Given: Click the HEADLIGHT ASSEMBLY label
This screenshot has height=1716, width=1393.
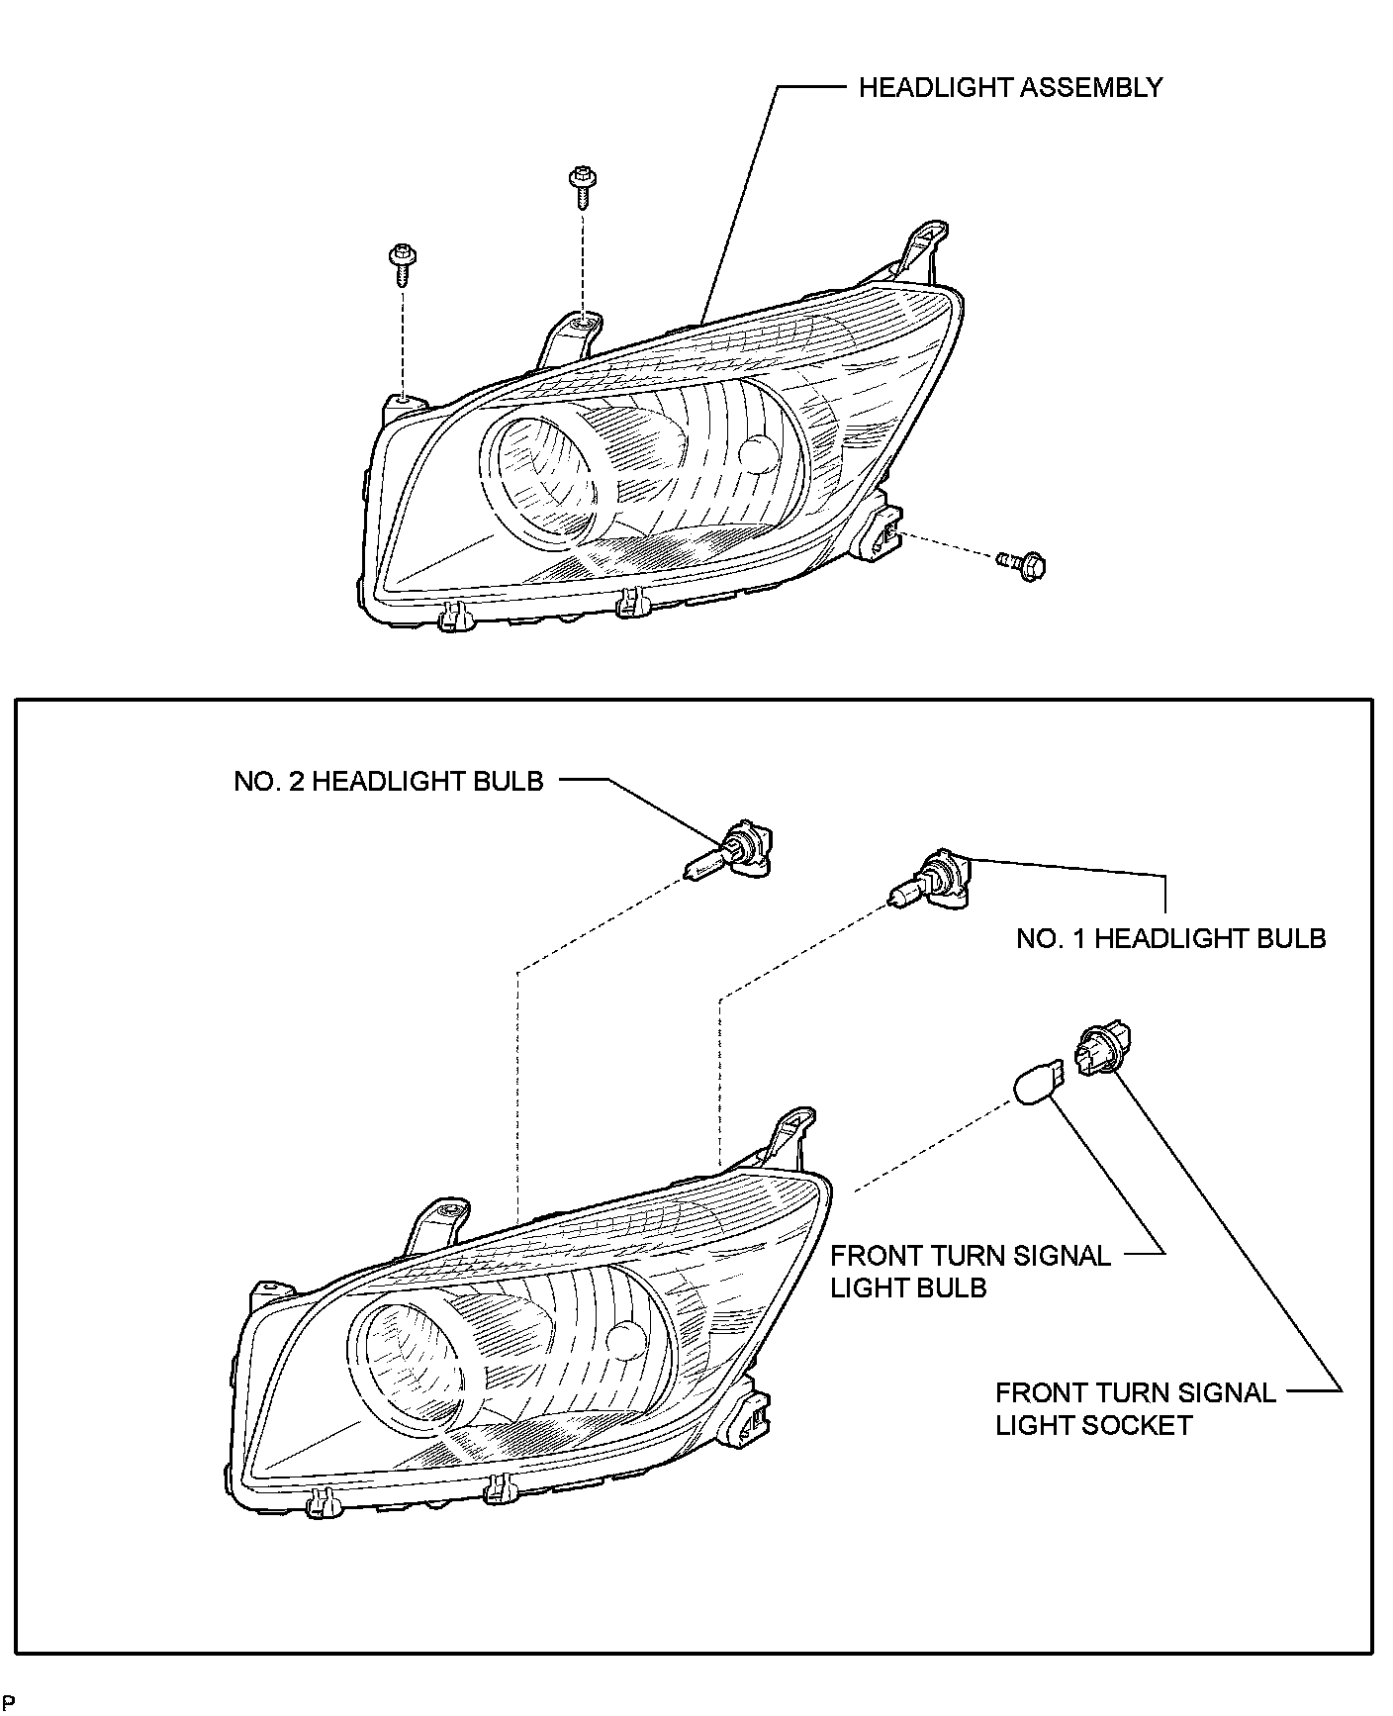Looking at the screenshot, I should tap(1010, 88).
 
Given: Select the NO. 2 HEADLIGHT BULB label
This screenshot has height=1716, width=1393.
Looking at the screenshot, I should tap(389, 781).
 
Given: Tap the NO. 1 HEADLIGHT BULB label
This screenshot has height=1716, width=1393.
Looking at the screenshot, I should tap(1170, 938).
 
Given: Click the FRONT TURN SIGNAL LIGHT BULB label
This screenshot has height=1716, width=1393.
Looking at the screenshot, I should tap(970, 1272).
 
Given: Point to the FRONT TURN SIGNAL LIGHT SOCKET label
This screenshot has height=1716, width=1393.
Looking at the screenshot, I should tap(1135, 1408).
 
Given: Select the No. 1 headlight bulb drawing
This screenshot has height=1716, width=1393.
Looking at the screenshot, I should tap(932, 882).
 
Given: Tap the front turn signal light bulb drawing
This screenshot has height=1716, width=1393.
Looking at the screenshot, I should tap(1038, 1082).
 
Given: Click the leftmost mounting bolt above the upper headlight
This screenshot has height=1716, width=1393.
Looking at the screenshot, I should tap(401, 262).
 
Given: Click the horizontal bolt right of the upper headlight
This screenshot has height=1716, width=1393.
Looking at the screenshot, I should tap(1023, 565).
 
